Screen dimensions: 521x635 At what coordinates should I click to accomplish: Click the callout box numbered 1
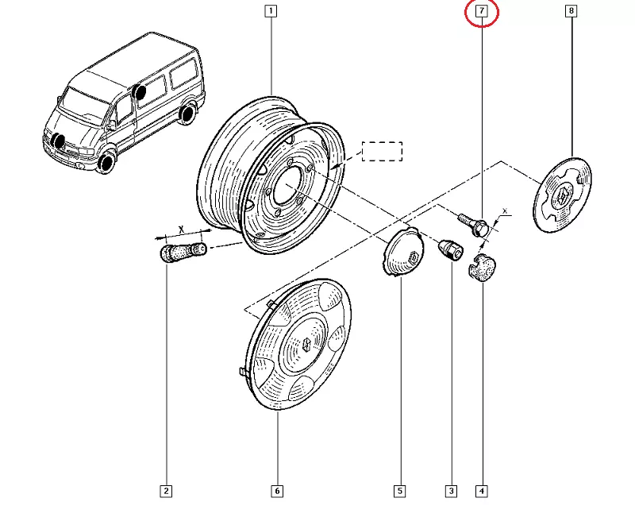[271, 11]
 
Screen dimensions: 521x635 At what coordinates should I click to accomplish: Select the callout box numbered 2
[166, 491]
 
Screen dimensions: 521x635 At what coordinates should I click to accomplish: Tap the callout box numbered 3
[451, 491]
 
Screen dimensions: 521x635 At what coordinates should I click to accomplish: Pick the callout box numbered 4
[481, 491]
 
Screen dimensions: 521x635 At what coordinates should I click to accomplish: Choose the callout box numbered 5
[400, 491]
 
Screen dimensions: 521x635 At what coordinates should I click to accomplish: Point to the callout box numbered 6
[277, 491]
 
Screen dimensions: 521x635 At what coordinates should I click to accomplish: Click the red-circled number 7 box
[481, 11]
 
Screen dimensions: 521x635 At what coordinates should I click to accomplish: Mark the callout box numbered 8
[571, 11]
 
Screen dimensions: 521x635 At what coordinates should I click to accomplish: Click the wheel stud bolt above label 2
[183, 253]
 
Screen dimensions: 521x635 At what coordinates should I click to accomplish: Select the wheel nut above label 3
[450, 250]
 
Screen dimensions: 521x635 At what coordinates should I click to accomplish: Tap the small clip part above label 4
[481, 268]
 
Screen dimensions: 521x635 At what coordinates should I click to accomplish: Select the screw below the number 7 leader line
[474, 222]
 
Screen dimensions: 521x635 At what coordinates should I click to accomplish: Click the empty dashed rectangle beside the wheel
[383, 151]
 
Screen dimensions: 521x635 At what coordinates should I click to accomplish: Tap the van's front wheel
[106, 164]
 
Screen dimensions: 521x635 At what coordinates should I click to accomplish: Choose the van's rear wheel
[187, 114]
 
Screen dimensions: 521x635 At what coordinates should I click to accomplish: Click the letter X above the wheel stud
[181, 229]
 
